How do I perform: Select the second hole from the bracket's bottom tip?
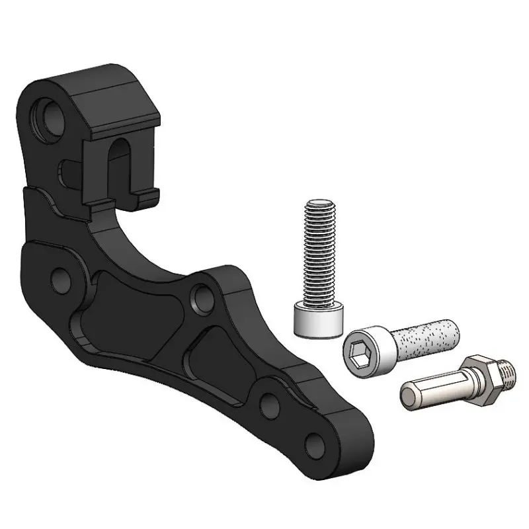tap(269, 403)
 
